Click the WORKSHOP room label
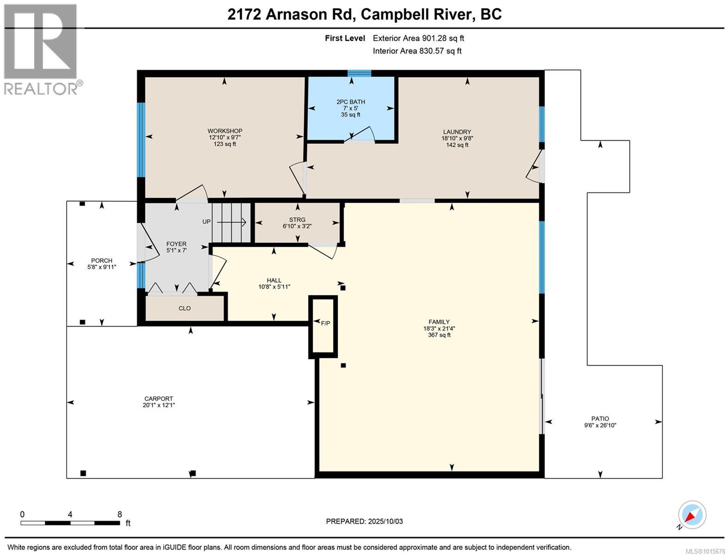225,131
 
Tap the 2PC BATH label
351,102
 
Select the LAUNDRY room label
457,132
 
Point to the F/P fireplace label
325,323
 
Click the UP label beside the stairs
206,222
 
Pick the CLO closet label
185,308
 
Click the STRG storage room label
297,220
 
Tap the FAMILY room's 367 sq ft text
439,335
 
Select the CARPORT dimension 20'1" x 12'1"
159,405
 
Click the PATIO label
600,419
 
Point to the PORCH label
102,260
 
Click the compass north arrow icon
692,515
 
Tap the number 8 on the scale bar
120,514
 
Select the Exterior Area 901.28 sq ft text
418,38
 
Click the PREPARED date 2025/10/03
385,521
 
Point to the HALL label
274,280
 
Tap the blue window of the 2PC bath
359,73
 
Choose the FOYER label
176,244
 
